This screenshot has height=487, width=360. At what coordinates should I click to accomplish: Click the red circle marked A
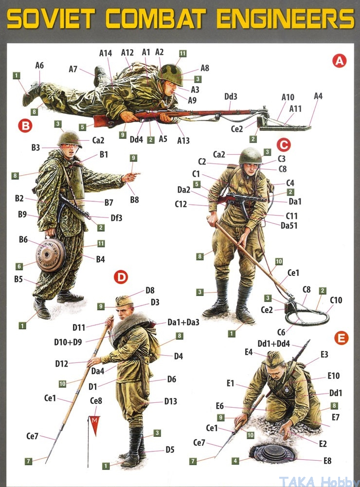[339, 61]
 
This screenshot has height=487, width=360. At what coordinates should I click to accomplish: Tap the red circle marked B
[25, 126]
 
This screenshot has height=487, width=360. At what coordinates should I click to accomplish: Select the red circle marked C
[283, 144]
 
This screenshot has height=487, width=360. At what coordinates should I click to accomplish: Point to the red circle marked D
[121, 277]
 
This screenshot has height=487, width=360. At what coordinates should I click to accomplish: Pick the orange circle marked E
[341, 338]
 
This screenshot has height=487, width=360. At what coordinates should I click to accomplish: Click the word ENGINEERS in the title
[286, 18]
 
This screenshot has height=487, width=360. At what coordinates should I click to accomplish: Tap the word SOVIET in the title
[51, 18]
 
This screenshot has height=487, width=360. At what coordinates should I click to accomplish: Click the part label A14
[106, 53]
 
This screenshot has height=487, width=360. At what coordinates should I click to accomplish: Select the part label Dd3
[231, 97]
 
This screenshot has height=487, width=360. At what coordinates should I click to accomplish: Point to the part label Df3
[116, 218]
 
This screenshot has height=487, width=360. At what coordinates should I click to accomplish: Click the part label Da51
[289, 225]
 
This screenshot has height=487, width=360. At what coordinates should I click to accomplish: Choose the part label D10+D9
[68, 342]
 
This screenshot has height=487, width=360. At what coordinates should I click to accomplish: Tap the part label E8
[327, 461]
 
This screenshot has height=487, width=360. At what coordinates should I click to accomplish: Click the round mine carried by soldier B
[51, 255]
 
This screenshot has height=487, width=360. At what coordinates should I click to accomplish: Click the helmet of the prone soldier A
[170, 74]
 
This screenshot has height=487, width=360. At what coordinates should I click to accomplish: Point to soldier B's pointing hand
[130, 177]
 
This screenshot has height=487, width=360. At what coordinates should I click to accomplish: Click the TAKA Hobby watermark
[318, 482]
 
